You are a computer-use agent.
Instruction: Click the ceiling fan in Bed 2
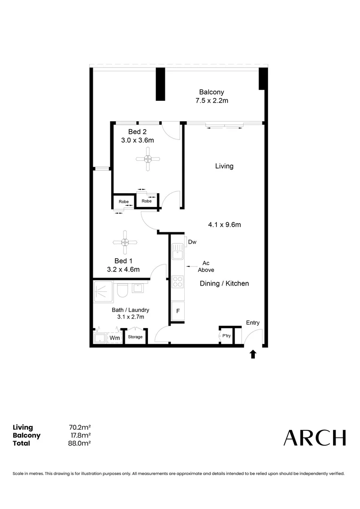tap(147, 159)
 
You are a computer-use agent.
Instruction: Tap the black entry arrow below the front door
tap(253, 354)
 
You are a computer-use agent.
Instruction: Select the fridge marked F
tap(178, 312)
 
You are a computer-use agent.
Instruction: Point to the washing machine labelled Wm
tap(115, 337)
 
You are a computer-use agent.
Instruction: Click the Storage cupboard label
tap(135, 337)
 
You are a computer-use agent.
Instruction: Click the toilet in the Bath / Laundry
tap(122, 291)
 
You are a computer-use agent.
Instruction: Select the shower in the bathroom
tap(103, 291)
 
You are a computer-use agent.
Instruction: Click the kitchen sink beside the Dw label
tap(178, 252)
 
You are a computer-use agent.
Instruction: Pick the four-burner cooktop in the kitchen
tap(178, 281)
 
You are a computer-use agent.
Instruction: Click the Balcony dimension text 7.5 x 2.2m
tap(212, 101)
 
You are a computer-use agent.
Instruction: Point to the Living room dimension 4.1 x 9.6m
tap(224, 225)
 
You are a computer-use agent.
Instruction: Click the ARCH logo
tap(314, 438)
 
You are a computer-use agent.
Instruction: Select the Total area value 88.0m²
tap(79, 443)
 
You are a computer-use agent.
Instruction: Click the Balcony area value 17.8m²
tap(80, 435)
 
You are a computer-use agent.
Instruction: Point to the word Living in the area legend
tap(23, 427)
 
